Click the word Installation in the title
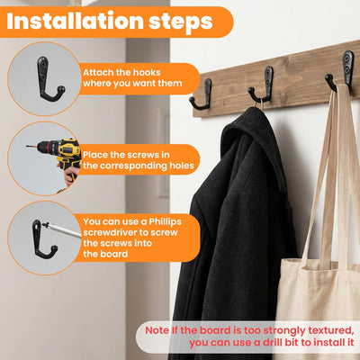coord(75,21)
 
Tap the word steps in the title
coord(181,22)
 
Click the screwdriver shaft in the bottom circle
coord(62,229)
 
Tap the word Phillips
coord(166,222)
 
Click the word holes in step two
coord(182,166)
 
